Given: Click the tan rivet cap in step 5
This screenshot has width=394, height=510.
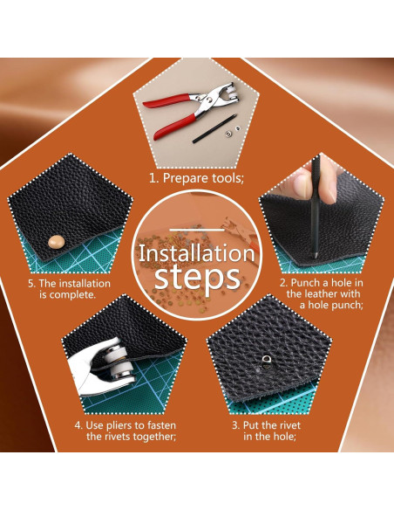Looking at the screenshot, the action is click(x=57, y=242).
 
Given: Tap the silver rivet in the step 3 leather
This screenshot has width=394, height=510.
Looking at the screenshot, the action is click(x=267, y=362).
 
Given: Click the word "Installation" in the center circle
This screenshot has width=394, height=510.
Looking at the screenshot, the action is click(x=197, y=253).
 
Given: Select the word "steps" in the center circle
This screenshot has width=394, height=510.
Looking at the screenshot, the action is click(x=197, y=278).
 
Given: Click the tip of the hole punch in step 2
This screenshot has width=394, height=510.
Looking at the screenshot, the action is click(x=315, y=256).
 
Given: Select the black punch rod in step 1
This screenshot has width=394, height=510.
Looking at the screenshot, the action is click(x=214, y=128).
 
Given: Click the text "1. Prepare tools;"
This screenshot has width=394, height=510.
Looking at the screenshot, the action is click(x=196, y=178).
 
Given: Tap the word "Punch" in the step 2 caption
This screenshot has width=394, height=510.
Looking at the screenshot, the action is click(x=305, y=283).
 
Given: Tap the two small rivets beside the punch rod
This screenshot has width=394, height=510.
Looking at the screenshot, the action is click(x=234, y=131).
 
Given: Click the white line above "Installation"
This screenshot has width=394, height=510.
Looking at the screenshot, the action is click(x=197, y=231).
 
